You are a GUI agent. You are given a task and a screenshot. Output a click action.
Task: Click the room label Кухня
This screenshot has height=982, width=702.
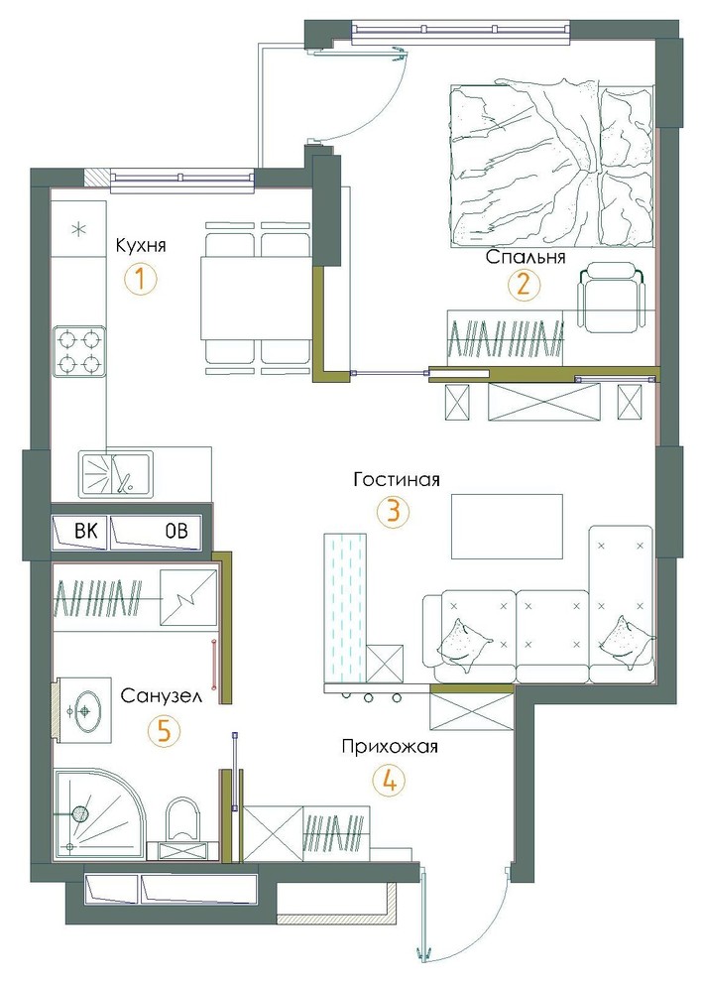click(x=141, y=245)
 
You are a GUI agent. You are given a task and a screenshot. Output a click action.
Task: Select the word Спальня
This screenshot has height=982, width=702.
click(x=526, y=257)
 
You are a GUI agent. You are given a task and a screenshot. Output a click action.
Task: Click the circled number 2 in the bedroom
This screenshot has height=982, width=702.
click(x=523, y=286)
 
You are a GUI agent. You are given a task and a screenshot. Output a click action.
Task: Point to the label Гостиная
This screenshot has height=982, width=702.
click(x=397, y=480)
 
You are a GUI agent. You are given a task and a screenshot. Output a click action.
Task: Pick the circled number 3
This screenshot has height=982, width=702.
click(x=394, y=511)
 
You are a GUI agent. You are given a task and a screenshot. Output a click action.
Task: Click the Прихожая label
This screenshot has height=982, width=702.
click(x=390, y=747)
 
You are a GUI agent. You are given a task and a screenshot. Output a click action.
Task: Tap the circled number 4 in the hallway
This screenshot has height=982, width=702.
click(x=389, y=781)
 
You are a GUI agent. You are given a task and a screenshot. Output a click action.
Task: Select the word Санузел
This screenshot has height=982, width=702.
click(x=162, y=695)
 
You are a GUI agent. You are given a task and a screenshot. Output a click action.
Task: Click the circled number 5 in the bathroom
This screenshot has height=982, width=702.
click(x=163, y=730)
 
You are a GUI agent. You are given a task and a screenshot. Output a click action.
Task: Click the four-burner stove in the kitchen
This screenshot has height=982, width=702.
click(x=79, y=351)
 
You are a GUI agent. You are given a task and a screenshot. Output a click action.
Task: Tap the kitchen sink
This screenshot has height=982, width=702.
click(x=115, y=474)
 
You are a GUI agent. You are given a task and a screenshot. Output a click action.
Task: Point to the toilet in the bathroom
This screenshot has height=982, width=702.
click(x=182, y=829)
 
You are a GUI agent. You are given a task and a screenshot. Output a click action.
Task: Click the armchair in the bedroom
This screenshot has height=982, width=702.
click(x=611, y=296)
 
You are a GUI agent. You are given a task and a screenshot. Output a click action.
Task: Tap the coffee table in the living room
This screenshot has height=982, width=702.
click(x=508, y=526)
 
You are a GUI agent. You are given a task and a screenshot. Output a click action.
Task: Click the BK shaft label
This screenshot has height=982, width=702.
click(x=86, y=532)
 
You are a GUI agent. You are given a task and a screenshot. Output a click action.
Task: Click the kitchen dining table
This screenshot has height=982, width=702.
click(x=256, y=299)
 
